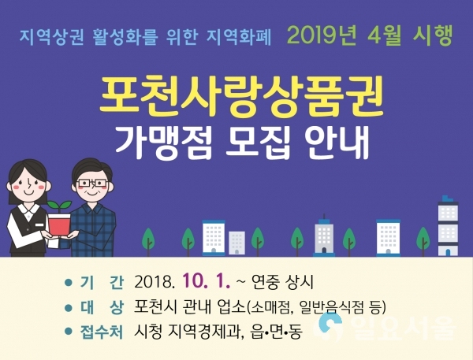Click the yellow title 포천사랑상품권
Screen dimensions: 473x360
(x=241, y=96)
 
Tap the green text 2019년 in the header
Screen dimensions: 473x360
(x=322, y=35)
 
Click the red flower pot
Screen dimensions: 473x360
(x=59, y=225)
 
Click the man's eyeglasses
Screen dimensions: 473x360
(x=92, y=184)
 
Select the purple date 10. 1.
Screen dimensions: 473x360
(x=206, y=282)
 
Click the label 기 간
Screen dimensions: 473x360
(x=102, y=283)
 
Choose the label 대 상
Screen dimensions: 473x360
(x=102, y=308)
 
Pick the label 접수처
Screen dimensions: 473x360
(x=102, y=332)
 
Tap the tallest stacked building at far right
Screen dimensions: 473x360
(x=448, y=226)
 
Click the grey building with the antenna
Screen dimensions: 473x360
(x=324, y=236)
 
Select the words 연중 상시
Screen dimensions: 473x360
(x=282, y=283)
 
